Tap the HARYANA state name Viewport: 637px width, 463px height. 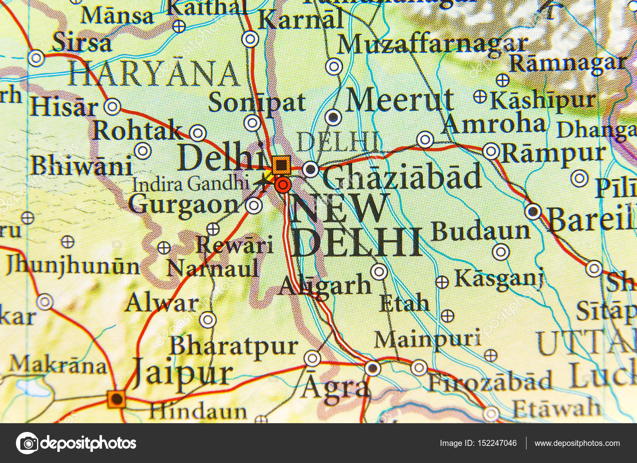coord(154,74)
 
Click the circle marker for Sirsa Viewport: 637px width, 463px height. coord(36,58)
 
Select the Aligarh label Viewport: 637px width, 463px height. coord(324,285)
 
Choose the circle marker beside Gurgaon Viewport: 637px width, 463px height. coord(254,206)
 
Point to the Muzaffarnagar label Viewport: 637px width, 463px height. coord(432,45)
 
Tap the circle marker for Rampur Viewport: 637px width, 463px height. coord(491,152)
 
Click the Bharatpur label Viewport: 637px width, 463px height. coord(234,346)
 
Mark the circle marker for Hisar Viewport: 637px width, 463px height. coord(113,107)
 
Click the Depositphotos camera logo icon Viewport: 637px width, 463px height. coord(27,443)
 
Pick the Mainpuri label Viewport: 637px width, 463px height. coord(427,340)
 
